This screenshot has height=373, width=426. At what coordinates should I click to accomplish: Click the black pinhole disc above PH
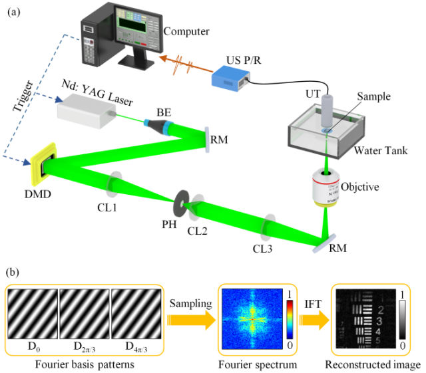click(182, 199)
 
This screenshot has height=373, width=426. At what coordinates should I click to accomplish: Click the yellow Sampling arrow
click(192, 318)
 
